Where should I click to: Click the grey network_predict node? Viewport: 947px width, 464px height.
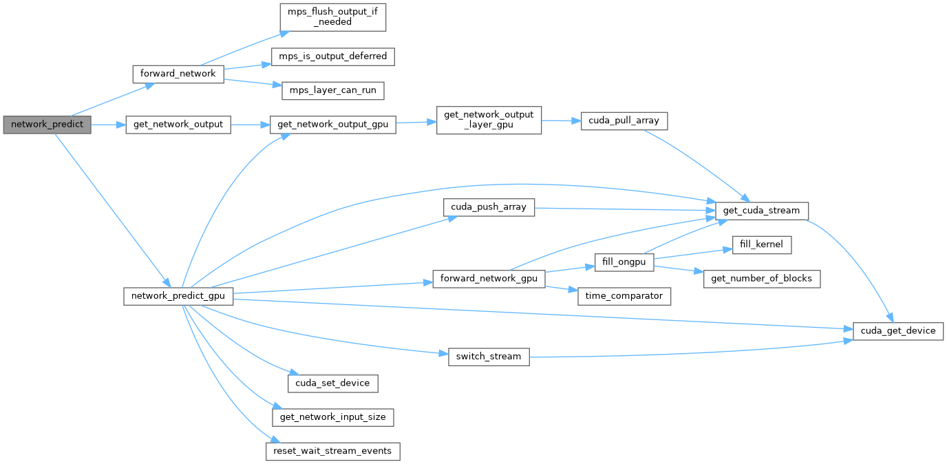(47, 125)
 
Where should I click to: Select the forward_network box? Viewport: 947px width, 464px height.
(178, 74)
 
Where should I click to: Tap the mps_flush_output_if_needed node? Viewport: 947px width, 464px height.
(332, 16)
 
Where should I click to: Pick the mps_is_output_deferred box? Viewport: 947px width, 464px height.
(332, 56)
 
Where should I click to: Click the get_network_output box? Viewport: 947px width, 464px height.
(178, 125)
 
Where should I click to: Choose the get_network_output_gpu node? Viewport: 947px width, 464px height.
(332, 125)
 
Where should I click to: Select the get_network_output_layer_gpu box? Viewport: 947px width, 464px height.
(489, 120)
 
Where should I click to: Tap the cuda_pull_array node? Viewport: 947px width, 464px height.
(624, 120)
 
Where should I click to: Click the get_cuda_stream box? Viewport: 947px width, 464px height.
(762, 210)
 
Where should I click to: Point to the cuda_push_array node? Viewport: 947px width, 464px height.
(489, 207)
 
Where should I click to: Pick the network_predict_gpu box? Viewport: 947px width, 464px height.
(178, 297)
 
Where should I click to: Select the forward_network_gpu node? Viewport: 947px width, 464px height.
(489, 279)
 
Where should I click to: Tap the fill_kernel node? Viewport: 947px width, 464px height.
(762, 245)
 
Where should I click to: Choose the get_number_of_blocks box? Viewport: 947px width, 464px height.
(762, 279)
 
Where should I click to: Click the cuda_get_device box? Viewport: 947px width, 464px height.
(897, 330)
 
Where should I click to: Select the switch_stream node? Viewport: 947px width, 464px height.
(489, 357)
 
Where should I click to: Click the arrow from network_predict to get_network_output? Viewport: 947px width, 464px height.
(108, 125)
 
